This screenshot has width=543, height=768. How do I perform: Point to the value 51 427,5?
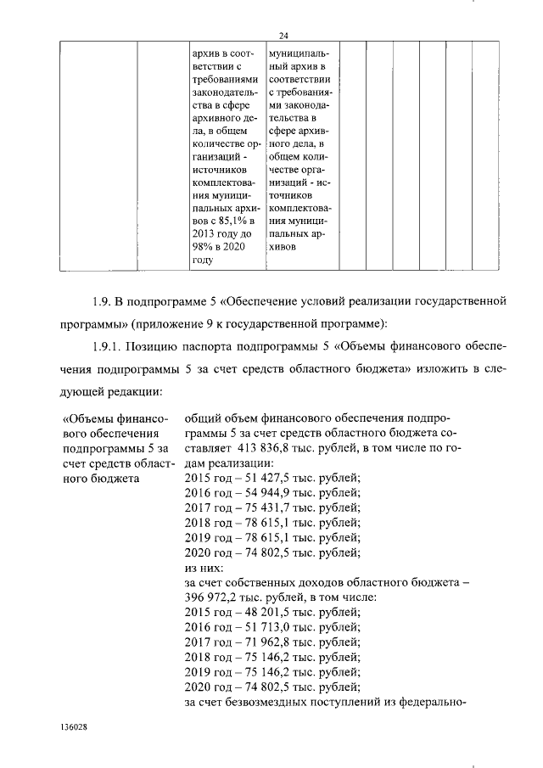click(254, 479)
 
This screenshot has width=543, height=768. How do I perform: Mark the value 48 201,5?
click(254, 612)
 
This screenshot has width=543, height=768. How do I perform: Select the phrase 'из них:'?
click(204, 567)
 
